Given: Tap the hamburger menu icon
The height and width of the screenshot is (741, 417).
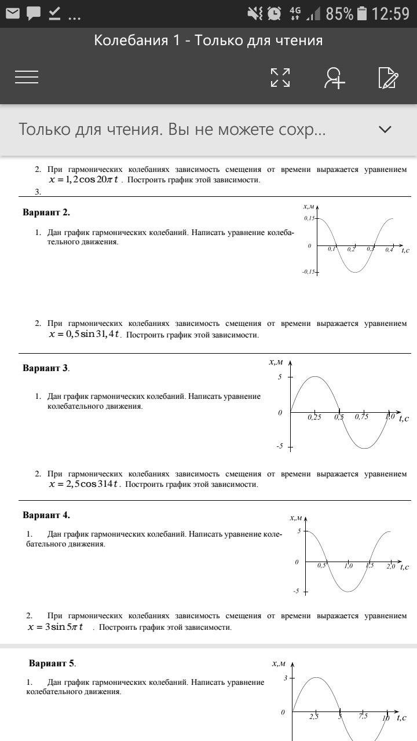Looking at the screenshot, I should (27, 77).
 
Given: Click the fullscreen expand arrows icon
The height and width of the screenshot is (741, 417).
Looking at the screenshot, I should (280, 77).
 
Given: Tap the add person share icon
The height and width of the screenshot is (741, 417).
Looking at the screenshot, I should (334, 77).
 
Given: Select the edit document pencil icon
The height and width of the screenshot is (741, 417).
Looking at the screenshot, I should (387, 77).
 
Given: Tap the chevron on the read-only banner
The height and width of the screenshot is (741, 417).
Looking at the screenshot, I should (385, 129).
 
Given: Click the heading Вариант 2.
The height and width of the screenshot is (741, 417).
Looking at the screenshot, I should (46, 212).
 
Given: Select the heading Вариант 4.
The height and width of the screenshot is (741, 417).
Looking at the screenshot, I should (46, 515).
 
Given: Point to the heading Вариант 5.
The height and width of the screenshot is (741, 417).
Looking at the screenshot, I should (52, 663).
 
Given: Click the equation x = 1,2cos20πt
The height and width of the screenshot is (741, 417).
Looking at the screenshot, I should (83, 179).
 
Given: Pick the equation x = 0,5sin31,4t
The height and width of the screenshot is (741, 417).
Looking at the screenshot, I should (85, 334).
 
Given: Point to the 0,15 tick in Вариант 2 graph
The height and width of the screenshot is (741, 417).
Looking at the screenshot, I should (309, 218).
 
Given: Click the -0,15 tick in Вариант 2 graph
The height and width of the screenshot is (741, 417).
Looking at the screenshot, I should (309, 272).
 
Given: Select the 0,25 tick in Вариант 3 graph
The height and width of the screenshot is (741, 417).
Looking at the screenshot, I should (314, 416).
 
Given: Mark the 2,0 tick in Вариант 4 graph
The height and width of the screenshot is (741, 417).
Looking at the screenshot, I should (390, 566).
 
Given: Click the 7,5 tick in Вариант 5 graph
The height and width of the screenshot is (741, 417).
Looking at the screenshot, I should (363, 716).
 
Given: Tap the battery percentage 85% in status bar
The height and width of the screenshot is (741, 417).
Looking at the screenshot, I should (339, 13).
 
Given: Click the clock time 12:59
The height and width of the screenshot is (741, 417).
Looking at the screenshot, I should (390, 13).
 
